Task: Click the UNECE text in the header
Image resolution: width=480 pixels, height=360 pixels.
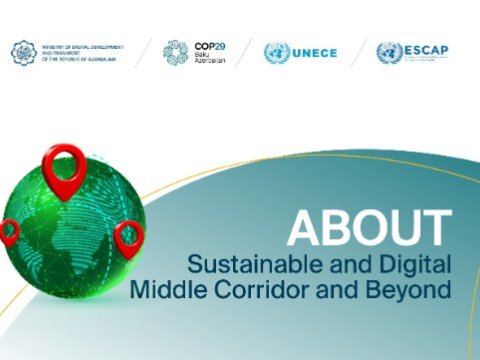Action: click(x=316, y=53)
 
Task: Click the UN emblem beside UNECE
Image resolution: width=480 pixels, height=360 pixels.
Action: click(x=277, y=53)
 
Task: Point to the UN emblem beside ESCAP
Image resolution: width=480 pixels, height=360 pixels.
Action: click(x=390, y=53)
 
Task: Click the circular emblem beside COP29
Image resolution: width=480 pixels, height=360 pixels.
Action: click(x=176, y=52)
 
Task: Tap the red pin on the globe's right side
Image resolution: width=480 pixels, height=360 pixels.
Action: click(x=129, y=237)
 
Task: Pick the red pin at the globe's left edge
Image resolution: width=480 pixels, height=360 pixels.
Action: click(x=8, y=232)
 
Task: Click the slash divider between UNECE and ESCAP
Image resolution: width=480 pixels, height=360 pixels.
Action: click(x=358, y=53)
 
